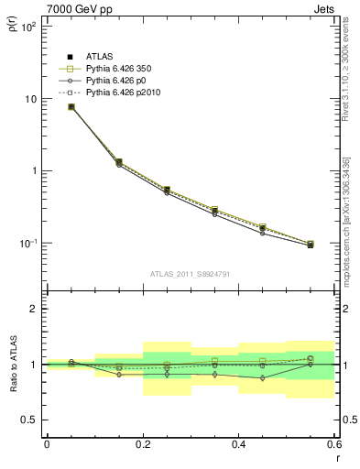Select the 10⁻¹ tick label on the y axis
click(x=27, y=244)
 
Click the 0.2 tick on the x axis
click(x=142, y=444)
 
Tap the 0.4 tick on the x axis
click(x=238, y=444)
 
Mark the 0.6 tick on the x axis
click(x=333, y=444)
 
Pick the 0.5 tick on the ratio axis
click(x=29, y=420)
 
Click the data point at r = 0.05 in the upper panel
click(x=71, y=107)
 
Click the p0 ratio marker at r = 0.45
click(x=262, y=377)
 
